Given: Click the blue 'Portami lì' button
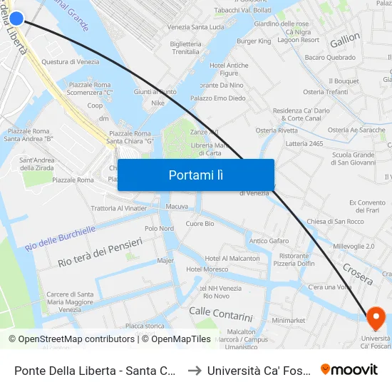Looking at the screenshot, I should tap(195, 175).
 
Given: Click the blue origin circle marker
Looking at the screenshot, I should tap(16, 19).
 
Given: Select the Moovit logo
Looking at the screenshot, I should tap(349, 369).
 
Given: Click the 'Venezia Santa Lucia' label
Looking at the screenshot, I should tap(195, 27).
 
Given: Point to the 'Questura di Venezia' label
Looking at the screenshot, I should tap(70, 62).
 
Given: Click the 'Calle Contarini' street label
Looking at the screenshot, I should tap(220, 314).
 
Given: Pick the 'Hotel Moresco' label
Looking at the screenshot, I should tap(207, 269).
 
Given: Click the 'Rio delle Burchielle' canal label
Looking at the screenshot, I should tap(60, 237).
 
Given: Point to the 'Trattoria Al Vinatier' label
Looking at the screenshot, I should tap(119, 208).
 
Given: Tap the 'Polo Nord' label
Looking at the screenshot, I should tap(159, 229).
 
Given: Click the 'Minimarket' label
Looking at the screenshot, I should tap(288, 321).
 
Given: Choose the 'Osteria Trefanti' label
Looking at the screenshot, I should tap(325, 92).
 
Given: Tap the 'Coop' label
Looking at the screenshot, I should tap(95, 105).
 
